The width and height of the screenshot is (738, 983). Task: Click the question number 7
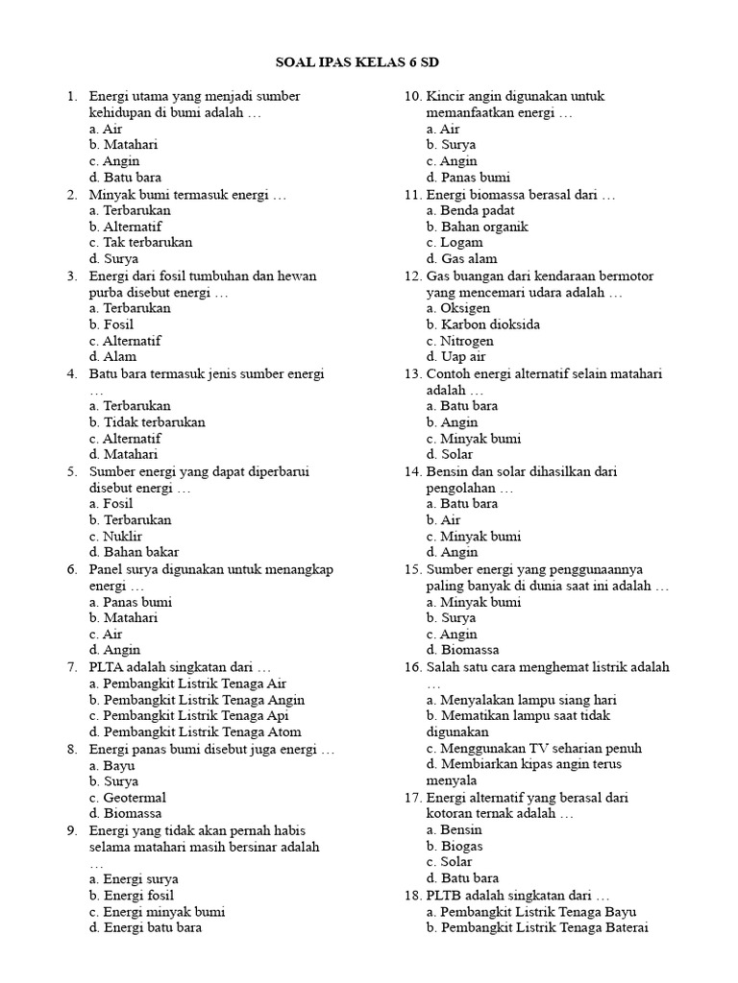pos(72,667)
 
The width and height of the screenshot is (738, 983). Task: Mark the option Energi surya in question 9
pos(134,879)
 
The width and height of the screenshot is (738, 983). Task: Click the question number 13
pos(412,373)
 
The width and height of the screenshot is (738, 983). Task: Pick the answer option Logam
pos(455,243)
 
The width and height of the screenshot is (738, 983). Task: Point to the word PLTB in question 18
pos(446,896)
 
